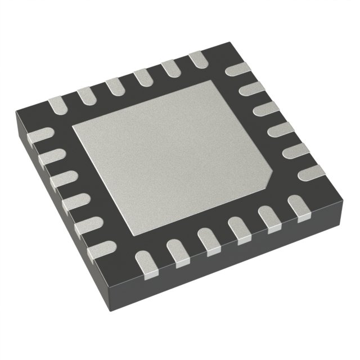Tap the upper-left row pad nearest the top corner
(x=199, y=60)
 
